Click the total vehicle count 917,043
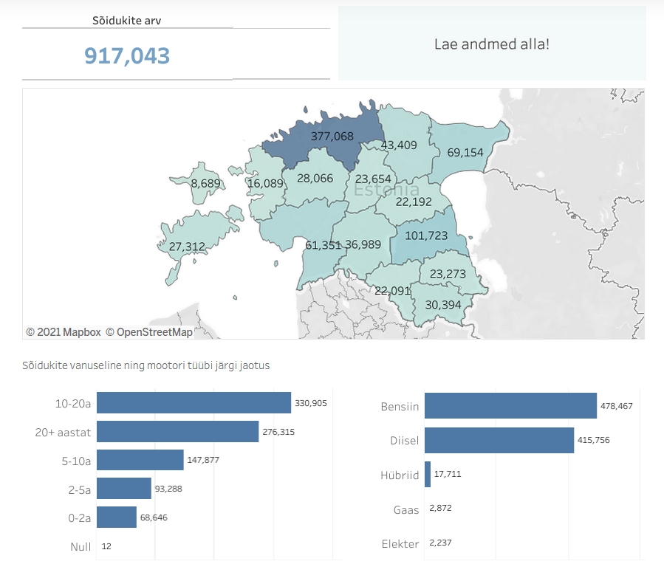click(x=127, y=55)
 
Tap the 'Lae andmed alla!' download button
click(x=491, y=44)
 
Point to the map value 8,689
click(x=205, y=182)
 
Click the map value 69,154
click(x=465, y=153)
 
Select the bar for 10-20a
click(x=194, y=403)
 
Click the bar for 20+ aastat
click(x=177, y=432)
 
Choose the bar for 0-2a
click(x=117, y=517)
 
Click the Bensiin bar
click(x=510, y=406)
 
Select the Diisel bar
click(x=499, y=440)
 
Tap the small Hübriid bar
click(x=428, y=475)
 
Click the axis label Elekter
click(x=400, y=544)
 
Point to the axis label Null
click(x=81, y=546)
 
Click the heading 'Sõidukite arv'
click(x=127, y=21)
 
